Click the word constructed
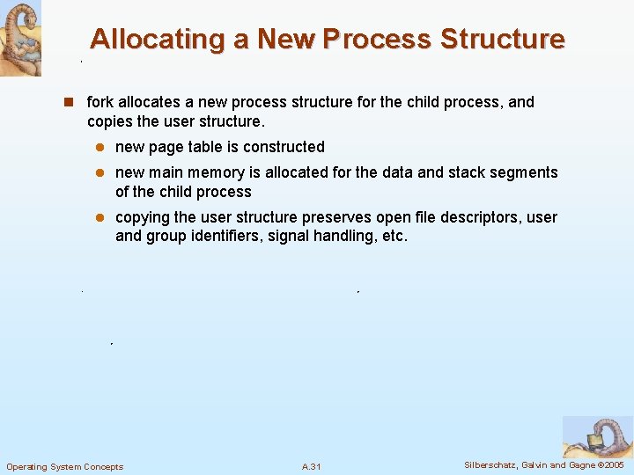click(284, 147)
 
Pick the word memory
click(215, 172)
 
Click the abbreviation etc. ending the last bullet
click(393, 236)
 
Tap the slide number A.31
click(311, 466)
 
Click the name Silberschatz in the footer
click(492, 464)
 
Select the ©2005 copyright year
click(610, 464)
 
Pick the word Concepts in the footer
click(104, 466)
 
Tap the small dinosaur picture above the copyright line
click(596, 436)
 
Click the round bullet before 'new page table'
click(100, 147)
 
